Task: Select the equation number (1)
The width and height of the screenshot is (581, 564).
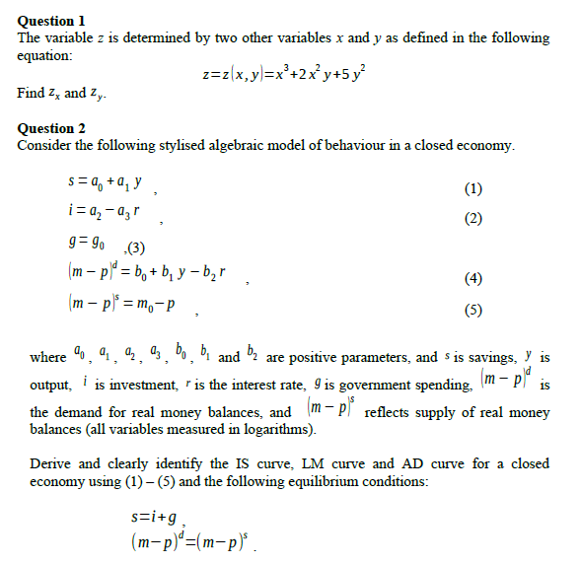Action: tap(473, 189)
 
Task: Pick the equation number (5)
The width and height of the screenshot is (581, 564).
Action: tap(473, 310)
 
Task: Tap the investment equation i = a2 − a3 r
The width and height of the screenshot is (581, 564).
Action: tap(106, 211)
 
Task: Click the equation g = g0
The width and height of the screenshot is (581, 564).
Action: tap(83, 244)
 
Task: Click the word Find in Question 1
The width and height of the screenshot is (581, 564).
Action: tap(31, 93)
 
